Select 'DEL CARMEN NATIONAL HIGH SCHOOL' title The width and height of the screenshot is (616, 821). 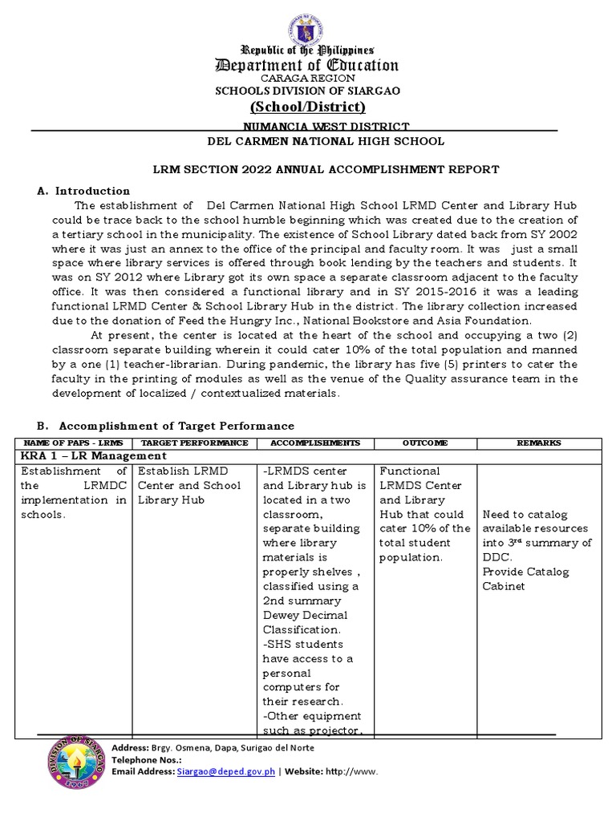[x=326, y=141]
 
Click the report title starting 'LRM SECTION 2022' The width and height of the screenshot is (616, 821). [x=326, y=169]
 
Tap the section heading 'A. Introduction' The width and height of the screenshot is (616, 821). [x=84, y=191]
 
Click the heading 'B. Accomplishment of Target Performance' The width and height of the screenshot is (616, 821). [x=166, y=426]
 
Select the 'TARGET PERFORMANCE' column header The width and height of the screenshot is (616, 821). [x=194, y=443]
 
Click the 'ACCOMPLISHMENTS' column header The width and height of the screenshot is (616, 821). [x=315, y=443]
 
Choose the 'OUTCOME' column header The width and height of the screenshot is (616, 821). [x=425, y=443]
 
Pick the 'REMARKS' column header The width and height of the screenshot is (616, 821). [x=539, y=443]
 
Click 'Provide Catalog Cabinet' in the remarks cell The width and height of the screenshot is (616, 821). [x=525, y=579]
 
